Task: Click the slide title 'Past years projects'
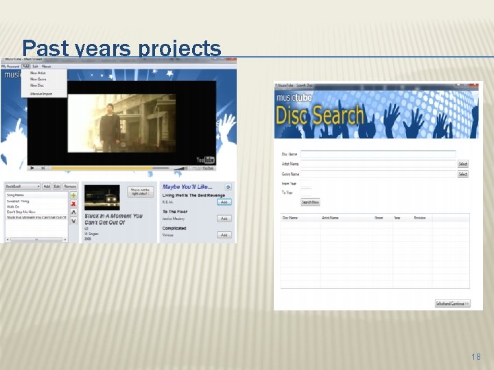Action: pos(121,48)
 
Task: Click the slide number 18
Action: pos(476,357)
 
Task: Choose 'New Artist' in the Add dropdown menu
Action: pos(38,73)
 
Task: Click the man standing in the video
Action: pos(107,127)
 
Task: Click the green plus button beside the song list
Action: pos(73,195)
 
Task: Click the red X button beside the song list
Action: pos(73,204)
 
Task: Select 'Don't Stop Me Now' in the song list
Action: pos(22,212)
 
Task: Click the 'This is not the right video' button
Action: pos(140,192)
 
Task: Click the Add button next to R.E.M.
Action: pos(224,202)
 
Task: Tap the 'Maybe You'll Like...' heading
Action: pos(187,186)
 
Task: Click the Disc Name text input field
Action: pos(377,155)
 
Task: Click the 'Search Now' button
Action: pos(310,202)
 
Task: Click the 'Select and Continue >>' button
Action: pos(452,304)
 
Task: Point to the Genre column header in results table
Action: pos(379,218)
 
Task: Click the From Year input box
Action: pos(306,184)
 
